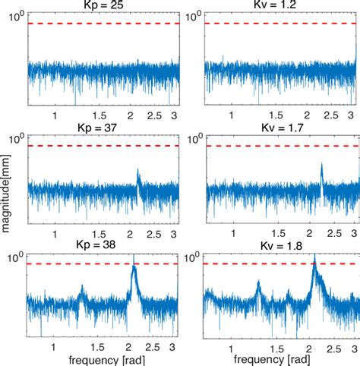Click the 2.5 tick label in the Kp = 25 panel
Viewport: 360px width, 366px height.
coord(157,115)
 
